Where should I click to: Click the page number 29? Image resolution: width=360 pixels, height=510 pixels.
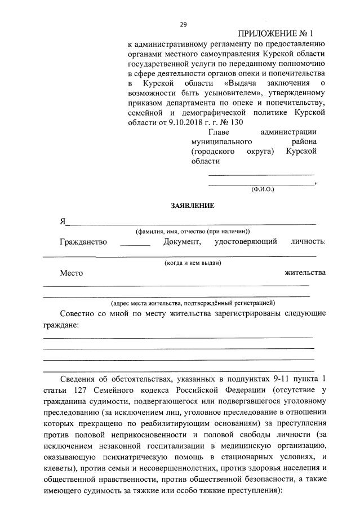point(183,24)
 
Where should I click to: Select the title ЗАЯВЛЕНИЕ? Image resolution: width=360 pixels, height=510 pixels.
point(193,206)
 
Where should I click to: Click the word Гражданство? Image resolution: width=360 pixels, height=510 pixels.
point(83,242)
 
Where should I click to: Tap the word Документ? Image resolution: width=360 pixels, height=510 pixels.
point(183,242)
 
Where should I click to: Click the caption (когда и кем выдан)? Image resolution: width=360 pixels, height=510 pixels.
point(193,263)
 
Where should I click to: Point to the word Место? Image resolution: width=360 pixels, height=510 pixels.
point(72,273)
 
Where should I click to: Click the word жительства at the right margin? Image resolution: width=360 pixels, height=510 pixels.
point(305,273)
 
